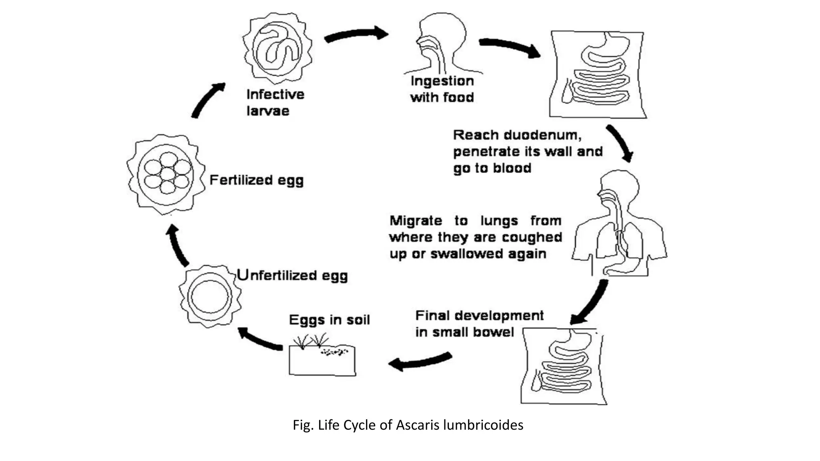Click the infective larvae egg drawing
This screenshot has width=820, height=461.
[277, 48]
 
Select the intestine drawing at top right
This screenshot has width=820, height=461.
[598, 74]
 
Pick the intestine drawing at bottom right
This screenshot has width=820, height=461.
[563, 366]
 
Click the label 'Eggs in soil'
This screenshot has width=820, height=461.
[329, 320]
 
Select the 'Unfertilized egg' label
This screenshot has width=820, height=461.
[292, 275]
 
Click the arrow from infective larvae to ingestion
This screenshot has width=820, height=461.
[356, 35]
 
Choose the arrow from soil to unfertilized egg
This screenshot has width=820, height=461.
[260, 340]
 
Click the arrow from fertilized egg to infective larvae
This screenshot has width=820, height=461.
[207, 100]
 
